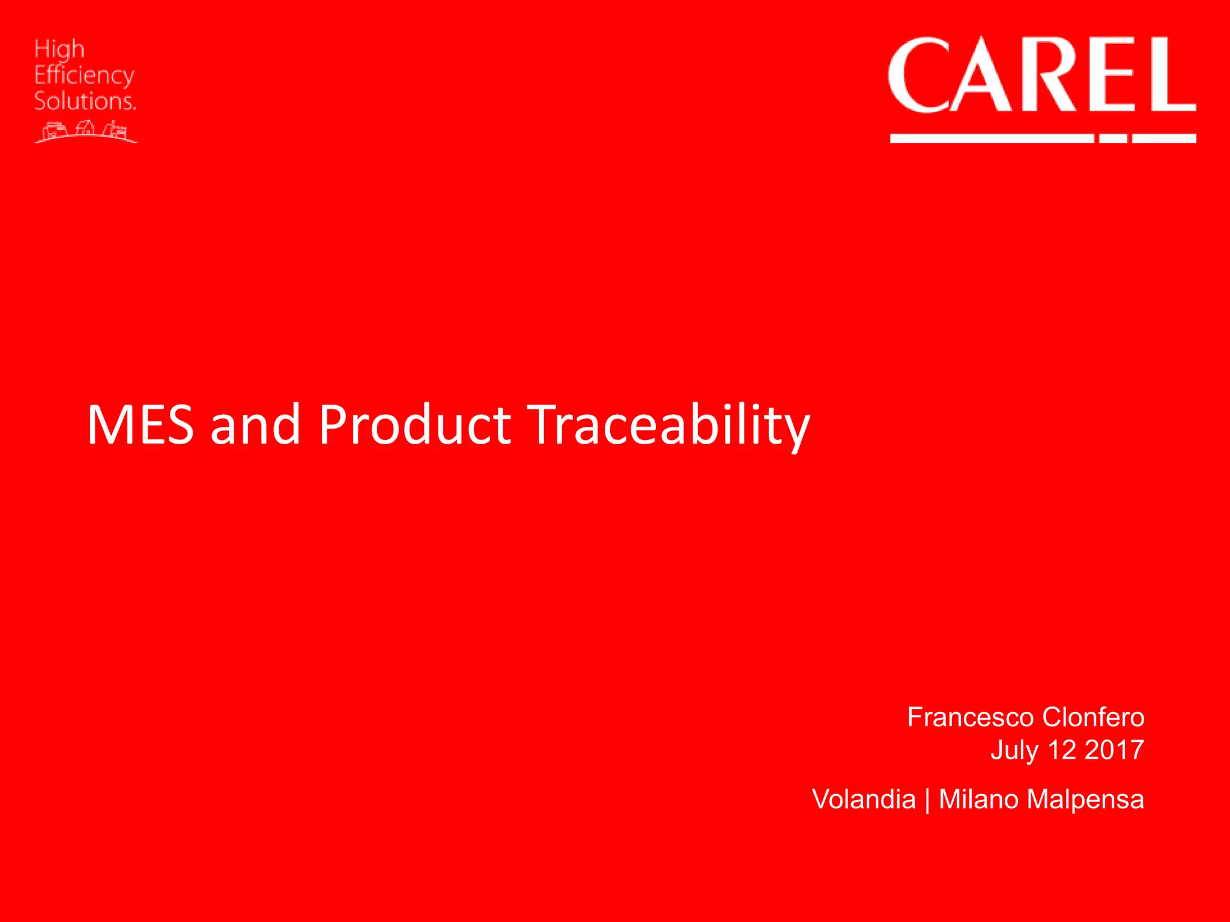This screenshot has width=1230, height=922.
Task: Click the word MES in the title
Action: (140, 425)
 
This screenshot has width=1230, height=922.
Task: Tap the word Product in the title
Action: (414, 425)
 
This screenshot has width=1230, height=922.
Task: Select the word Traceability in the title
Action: (668, 425)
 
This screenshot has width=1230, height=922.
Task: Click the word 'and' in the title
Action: (255, 425)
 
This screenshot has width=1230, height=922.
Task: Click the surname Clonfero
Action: (1093, 717)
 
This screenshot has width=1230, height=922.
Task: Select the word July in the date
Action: (1014, 750)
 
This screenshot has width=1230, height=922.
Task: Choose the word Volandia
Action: (864, 800)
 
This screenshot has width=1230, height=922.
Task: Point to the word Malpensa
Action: (1085, 800)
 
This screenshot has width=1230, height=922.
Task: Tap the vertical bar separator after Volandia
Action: (927, 801)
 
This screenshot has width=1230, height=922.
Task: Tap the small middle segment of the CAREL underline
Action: (1113, 139)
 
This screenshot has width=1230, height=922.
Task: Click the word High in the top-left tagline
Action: (59, 49)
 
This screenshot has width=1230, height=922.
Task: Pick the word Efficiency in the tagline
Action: (84, 76)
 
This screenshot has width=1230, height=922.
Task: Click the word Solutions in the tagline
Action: (84, 101)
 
